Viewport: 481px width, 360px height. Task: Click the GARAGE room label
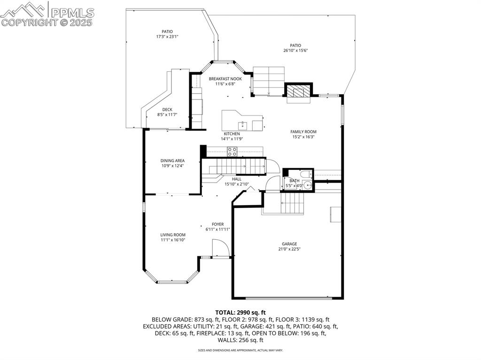[289, 244]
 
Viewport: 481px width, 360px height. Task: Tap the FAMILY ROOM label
[303, 132]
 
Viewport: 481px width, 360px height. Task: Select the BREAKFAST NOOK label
[225, 79]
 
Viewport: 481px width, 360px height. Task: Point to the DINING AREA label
[172, 161]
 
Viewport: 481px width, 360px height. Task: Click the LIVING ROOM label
[173, 235]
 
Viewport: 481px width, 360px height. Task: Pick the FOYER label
[217, 224]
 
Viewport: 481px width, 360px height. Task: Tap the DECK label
[167, 110]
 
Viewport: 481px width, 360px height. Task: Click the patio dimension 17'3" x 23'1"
[167, 37]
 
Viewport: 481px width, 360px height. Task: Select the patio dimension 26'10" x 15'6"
[295, 51]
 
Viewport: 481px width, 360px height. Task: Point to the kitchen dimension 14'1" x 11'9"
[232, 139]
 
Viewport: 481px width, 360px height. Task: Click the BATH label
[295, 181]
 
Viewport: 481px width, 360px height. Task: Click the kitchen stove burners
[232, 152]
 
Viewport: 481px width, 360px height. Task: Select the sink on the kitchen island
[243, 125]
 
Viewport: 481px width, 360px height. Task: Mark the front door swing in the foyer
[220, 248]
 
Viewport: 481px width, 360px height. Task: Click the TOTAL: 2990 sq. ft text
[240, 312]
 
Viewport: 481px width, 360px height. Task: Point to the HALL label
[237, 179]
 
